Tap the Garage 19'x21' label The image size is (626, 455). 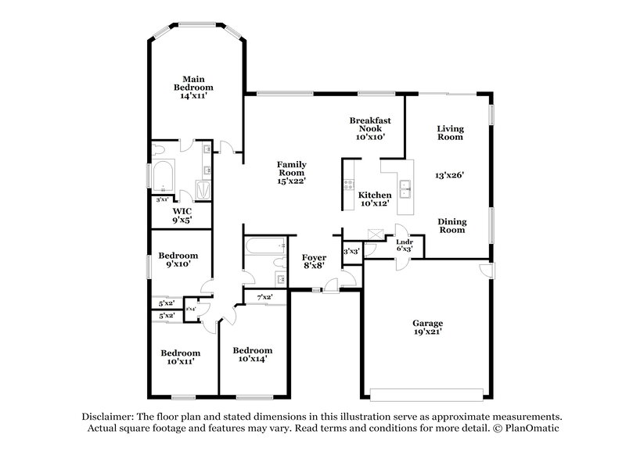click(428, 328)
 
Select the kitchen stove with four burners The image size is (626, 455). click(347, 185)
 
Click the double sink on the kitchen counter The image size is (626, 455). click(405, 186)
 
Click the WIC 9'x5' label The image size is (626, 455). click(182, 215)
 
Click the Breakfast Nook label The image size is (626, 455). click(370, 127)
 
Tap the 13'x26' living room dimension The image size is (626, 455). click(450, 175)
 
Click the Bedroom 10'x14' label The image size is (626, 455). click(253, 355)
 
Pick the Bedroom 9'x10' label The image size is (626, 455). click(178, 260)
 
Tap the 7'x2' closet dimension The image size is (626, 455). click(264, 297)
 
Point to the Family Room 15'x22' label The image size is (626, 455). click(291, 172)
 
